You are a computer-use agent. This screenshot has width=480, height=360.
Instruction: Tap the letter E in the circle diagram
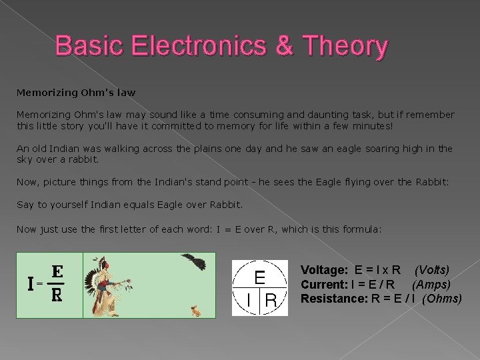pyautogui.click(x=261, y=275)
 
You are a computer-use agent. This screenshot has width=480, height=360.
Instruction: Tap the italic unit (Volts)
pyautogui.click(x=432, y=270)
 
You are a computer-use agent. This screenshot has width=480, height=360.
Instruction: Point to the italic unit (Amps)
pyautogui.click(x=431, y=284)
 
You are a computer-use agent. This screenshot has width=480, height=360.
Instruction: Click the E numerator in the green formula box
pyautogui.click(x=58, y=271)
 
